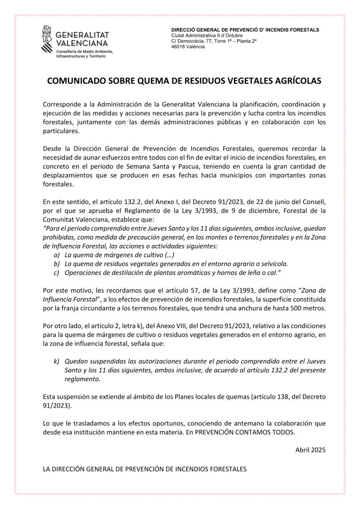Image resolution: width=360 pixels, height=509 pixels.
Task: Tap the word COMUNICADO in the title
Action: (74, 81)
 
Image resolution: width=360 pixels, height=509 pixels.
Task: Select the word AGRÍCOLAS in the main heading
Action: (293, 81)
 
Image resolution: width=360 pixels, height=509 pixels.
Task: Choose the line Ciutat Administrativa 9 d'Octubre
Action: (206, 36)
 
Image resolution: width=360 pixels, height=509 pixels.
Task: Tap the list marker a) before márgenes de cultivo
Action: (57, 255)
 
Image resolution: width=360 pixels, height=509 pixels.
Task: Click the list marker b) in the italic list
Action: (57, 264)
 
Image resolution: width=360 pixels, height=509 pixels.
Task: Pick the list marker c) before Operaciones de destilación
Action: (57, 273)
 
